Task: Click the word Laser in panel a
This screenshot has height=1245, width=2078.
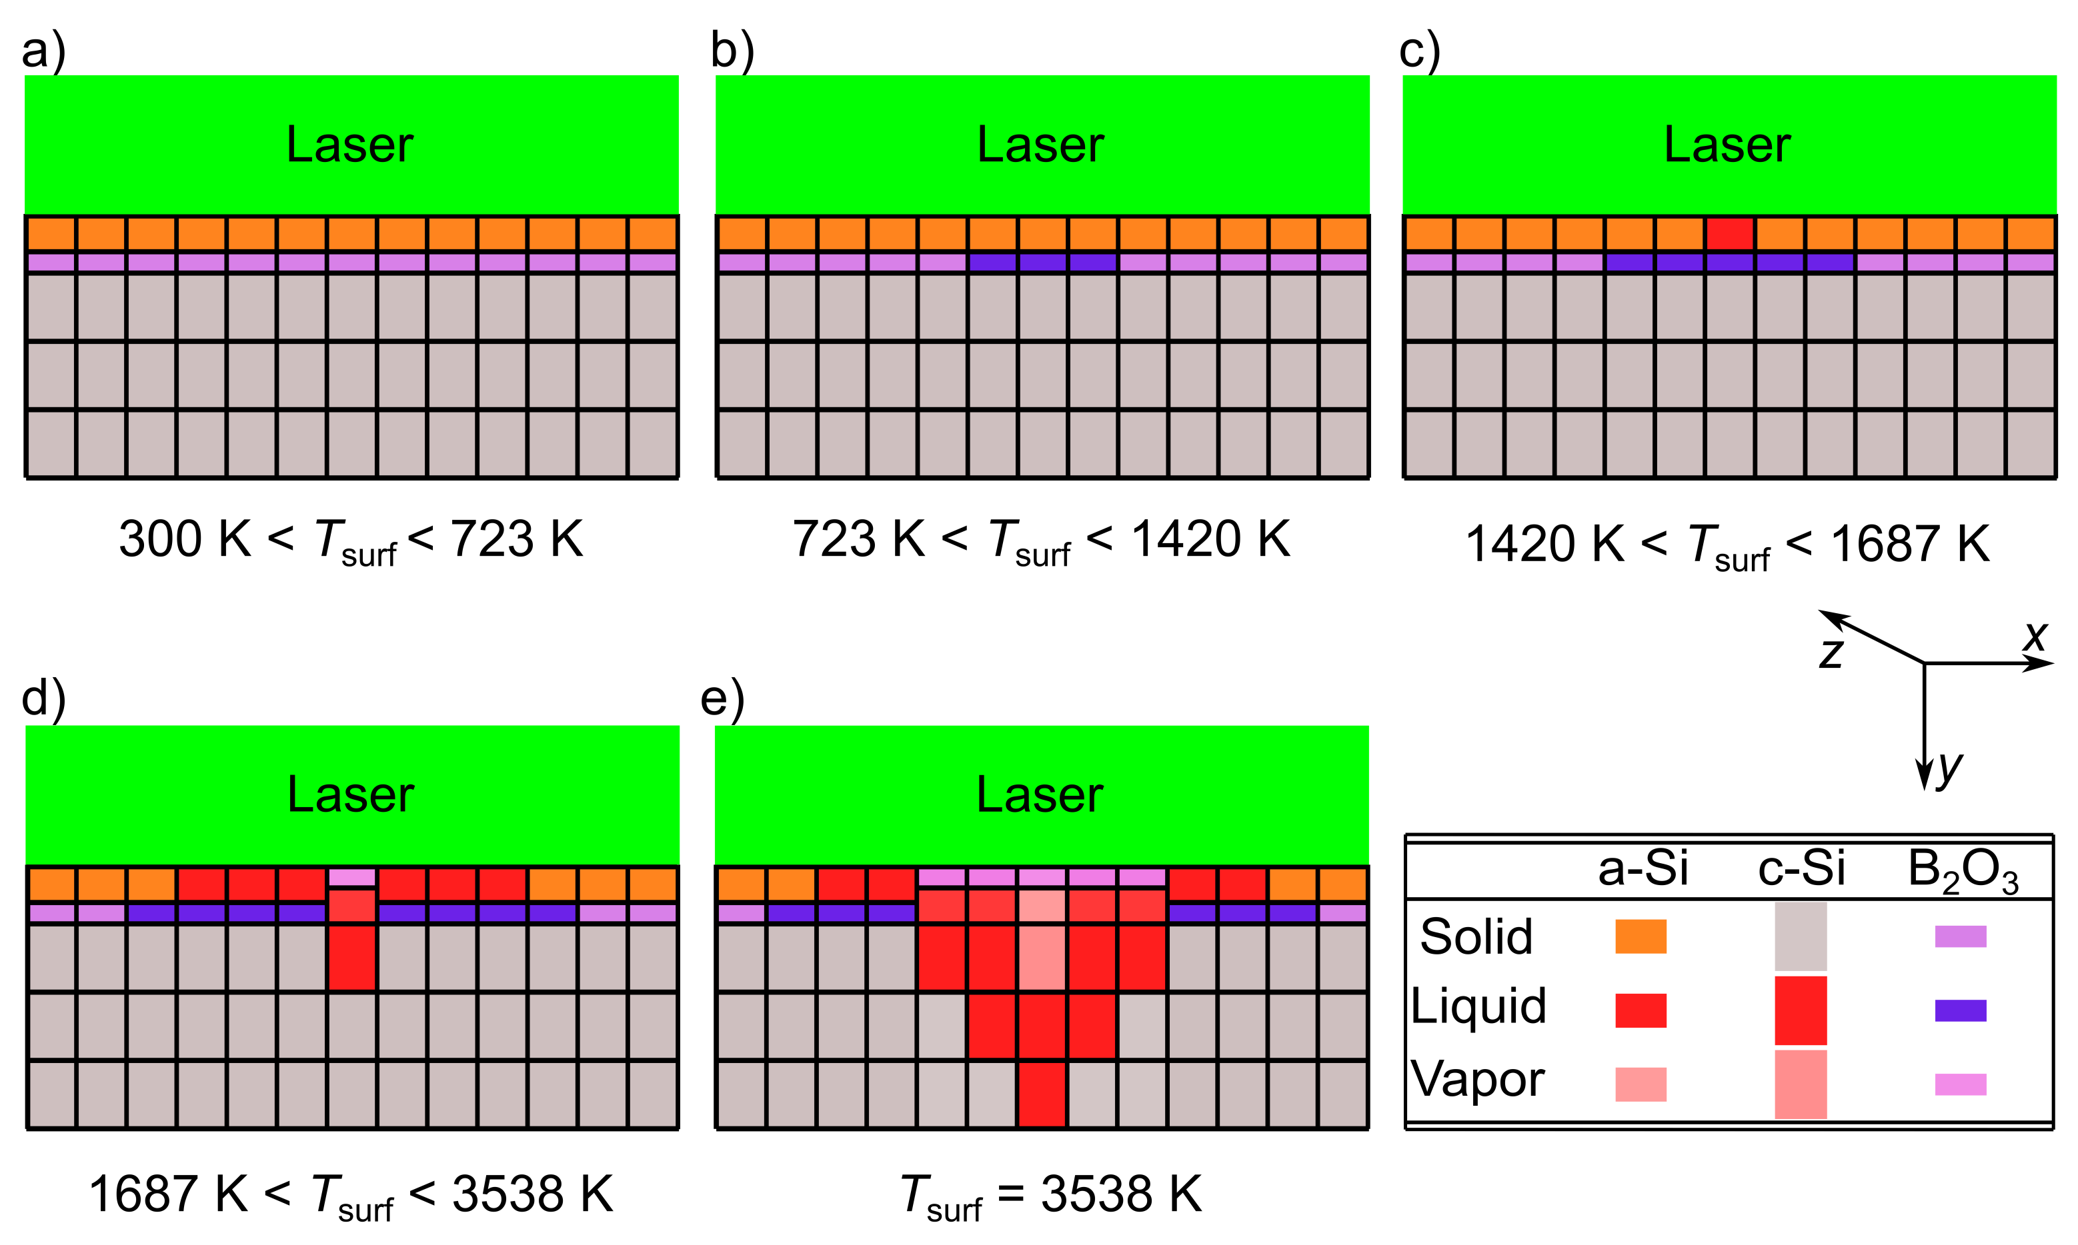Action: pos(350,145)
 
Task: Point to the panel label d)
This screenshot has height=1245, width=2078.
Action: pos(43,698)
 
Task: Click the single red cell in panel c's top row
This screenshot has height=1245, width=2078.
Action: pos(1730,233)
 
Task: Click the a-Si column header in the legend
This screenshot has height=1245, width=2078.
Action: pos(1643,868)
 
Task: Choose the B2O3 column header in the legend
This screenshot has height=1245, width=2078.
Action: pos(1962,870)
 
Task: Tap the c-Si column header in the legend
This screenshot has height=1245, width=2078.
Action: pos(1801,868)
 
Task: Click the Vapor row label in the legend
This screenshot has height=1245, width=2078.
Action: pos(1477,1079)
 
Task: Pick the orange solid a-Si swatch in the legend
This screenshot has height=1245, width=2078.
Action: pos(1641,936)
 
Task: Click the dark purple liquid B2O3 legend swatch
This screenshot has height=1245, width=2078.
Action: pos(1961,1010)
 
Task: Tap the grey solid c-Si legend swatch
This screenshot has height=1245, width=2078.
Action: pos(1801,936)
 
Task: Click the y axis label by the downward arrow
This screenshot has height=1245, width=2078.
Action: pos(1949,768)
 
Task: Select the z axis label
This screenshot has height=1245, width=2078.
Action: pos(1831,652)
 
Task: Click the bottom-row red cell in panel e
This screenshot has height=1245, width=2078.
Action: pos(1042,1094)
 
